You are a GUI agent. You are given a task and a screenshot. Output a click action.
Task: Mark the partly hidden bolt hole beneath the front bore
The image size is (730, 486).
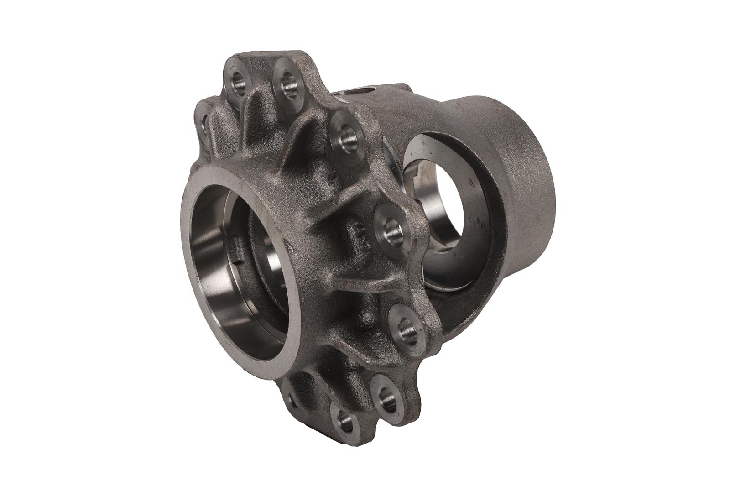click(x=292, y=400)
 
